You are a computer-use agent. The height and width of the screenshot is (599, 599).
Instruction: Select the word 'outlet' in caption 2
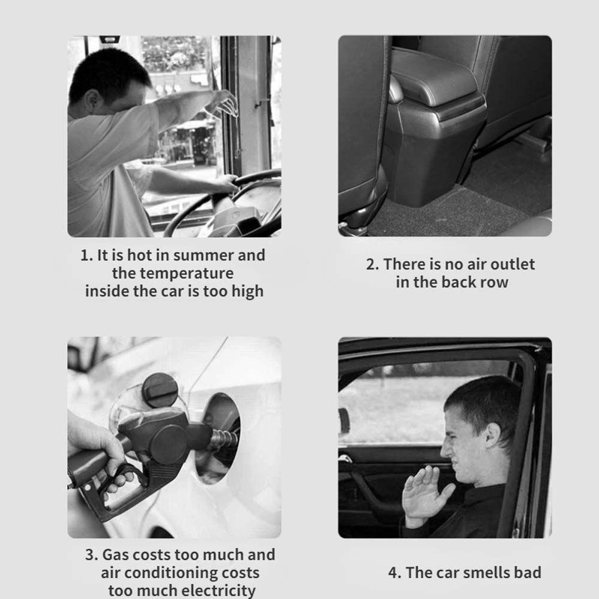512,264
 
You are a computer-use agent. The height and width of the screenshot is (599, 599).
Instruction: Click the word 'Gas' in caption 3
116,555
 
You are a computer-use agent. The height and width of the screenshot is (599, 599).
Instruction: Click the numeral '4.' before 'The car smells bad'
394,573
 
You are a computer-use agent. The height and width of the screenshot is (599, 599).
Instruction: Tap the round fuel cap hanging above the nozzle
160,390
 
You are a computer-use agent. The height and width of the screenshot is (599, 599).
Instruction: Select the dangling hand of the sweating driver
223,103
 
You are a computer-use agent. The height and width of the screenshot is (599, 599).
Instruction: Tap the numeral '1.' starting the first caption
87,256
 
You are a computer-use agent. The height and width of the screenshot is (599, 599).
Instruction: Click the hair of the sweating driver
109,72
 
